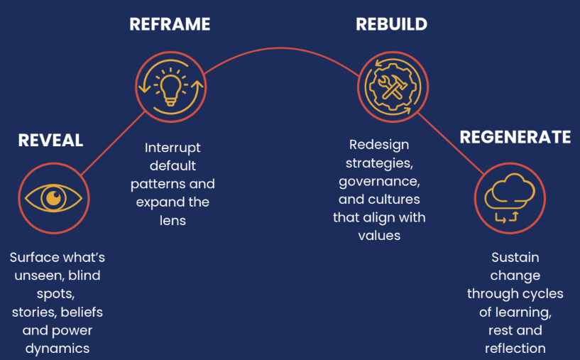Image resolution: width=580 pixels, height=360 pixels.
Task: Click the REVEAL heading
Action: click(50, 141)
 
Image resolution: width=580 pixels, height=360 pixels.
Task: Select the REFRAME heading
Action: click(170, 24)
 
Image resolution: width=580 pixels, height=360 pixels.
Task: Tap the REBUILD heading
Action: click(391, 24)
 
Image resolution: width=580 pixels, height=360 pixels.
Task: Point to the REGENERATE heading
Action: click(515, 137)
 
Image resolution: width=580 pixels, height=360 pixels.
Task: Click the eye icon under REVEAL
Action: click(54, 197)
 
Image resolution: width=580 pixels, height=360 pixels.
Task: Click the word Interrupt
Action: click(173, 148)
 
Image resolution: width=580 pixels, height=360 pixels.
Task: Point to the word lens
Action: click(173, 220)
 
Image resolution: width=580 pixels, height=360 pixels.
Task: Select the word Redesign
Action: click(379, 145)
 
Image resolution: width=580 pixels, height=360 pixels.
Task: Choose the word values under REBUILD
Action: click(379, 235)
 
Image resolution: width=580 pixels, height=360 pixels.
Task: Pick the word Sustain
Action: click(515, 257)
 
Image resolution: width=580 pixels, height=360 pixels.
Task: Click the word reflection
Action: click(515, 348)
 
